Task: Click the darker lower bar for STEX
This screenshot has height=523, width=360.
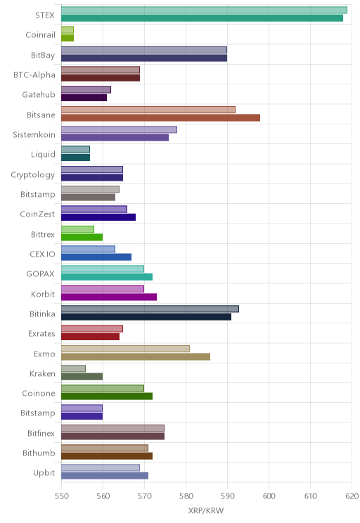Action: click(202, 18)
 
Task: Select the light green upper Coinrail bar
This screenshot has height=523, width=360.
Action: click(67, 30)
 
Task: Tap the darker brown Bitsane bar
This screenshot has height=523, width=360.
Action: click(160, 117)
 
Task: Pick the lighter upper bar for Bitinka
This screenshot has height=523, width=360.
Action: click(150, 309)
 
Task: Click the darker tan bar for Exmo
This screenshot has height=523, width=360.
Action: click(136, 356)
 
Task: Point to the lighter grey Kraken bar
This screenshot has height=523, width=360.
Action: click(73, 368)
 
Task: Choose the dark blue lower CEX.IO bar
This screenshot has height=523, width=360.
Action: click(96, 257)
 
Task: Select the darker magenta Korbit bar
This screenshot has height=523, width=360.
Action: click(109, 297)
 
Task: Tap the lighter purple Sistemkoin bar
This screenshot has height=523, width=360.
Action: click(119, 130)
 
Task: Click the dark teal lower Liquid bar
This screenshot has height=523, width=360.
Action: click(76, 157)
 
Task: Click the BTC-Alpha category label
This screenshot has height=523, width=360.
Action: click(34, 75)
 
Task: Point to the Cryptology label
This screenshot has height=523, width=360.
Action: click(33, 175)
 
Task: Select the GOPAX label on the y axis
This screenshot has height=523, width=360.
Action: click(40, 274)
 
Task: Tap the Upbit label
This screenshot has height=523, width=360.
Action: click(44, 473)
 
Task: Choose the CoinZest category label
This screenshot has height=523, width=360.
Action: click(37, 214)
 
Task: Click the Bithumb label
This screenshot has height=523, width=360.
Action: click(39, 453)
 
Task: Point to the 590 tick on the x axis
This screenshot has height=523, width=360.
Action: click(227, 496)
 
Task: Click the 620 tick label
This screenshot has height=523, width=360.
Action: click(352, 496)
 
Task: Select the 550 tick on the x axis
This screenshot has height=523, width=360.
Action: click(61, 496)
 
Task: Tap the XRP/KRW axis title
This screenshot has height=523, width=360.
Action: click(206, 511)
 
